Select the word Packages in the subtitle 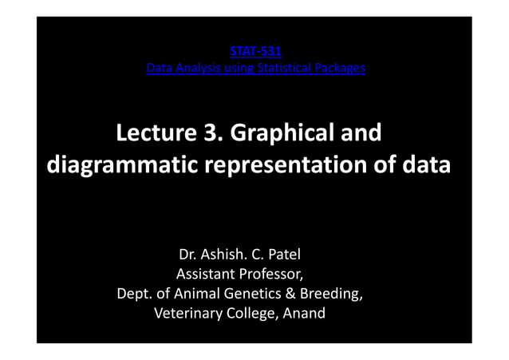(x=341, y=69)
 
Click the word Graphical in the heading (x=278, y=133)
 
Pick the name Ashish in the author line (x=219, y=256)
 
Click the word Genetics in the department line (x=247, y=295)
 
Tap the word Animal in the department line (x=191, y=295)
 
